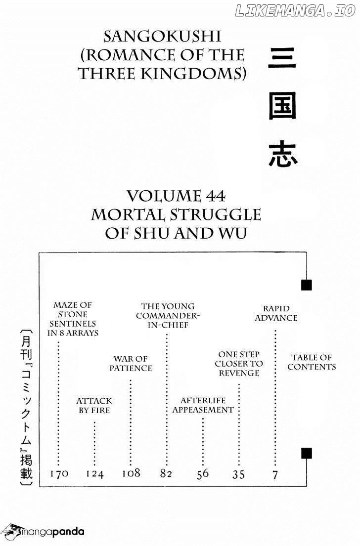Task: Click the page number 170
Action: pos(59,473)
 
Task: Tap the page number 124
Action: pos(95,474)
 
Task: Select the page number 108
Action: pos(131,473)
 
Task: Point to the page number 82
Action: pos(166,473)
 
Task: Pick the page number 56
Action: pos(202,474)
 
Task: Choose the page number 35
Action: pos(239,475)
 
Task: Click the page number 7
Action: pos(275,475)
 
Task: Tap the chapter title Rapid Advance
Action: pos(276,313)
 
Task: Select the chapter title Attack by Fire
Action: pos(94,406)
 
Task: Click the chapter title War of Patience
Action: pos(131,364)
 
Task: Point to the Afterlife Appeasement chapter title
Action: pos(203,405)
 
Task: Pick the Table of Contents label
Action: pos(312,362)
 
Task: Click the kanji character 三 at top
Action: pos(282,58)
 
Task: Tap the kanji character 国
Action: pos(282,106)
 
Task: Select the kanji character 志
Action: pos(283,154)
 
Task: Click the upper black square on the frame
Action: pos(306,285)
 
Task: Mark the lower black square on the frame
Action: pos(306,454)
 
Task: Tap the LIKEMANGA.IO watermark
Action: pos(296,11)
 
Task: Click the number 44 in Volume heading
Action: pos(216,196)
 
